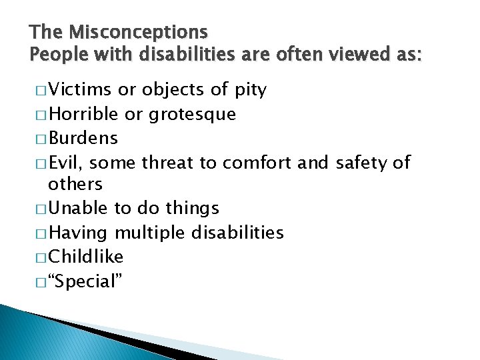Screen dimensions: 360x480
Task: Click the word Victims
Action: [x=81, y=90]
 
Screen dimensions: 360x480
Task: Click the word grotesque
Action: [x=192, y=115]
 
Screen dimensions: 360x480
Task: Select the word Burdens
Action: [x=83, y=138]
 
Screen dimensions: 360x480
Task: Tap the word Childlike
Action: [x=86, y=257]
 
